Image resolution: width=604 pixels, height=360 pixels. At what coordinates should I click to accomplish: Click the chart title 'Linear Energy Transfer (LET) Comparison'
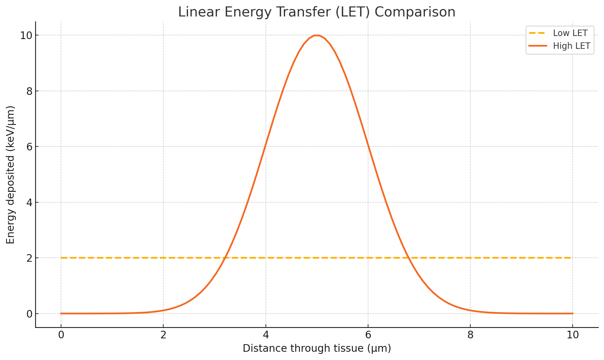[316, 12]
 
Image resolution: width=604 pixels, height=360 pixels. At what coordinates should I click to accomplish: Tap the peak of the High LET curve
[317, 35]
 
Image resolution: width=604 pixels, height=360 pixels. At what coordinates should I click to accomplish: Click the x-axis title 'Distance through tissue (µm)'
[317, 348]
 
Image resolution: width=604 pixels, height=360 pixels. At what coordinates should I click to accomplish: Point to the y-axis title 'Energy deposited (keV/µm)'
[11, 175]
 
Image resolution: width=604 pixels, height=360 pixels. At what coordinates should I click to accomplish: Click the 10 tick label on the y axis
[26, 35]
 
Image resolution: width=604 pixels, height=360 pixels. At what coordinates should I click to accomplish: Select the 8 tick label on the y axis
[29, 91]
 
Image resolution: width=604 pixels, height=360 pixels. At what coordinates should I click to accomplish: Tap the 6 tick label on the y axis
[29, 146]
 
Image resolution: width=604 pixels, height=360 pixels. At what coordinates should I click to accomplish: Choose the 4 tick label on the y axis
[29, 202]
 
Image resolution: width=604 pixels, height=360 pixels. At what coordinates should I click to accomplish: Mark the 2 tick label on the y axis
[29, 258]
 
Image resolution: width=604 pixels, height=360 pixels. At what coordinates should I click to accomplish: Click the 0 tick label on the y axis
[29, 314]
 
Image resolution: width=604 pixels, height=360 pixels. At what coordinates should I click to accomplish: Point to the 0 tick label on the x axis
[61, 335]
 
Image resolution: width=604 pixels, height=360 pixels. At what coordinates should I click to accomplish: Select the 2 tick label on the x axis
[163, 335]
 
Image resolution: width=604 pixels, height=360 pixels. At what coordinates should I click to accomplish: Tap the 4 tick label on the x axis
[266, 335]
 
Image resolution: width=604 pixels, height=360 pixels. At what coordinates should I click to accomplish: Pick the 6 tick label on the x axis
[368, 335]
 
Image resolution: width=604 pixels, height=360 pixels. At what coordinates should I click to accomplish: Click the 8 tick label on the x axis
[470, 335]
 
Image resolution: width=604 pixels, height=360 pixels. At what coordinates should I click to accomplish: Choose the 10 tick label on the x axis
[573, 335]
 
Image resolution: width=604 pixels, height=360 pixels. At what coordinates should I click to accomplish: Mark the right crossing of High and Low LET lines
[409, 258]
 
